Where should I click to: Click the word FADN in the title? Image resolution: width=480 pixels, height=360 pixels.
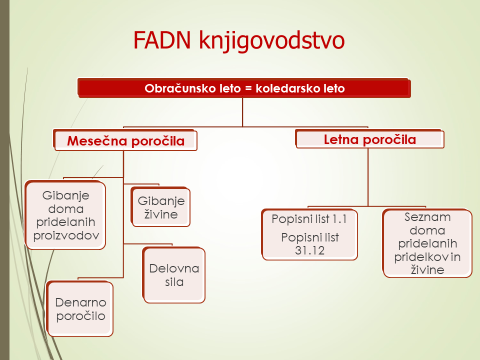(x=162, y=40)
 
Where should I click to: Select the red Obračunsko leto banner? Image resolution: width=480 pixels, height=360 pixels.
(x=244, y=88)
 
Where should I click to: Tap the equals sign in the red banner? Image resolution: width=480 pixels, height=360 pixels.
(x=248, y=89)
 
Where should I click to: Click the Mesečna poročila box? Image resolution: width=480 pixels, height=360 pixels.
(x=125, y=141)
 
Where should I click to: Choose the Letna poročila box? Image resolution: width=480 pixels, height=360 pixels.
(x=370, y=139)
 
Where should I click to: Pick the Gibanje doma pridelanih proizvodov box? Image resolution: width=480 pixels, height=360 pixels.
(x=66, y=215)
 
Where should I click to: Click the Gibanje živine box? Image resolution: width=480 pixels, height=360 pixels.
(x=161, y=207)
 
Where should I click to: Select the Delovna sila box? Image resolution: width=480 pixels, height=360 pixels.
(x=174, y=275)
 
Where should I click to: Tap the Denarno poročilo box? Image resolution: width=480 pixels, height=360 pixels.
(x=80, y=309)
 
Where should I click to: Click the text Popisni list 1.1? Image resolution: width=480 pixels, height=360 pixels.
(x=309, y=219)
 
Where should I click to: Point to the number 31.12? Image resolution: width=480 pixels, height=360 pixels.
(x=310, y=250)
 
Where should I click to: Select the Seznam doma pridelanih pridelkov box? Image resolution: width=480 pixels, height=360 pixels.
(x=428, y=243)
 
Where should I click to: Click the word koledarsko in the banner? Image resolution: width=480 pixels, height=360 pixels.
(x=287, y=88)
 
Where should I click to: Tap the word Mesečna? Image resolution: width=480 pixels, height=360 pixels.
(x=95, y=141)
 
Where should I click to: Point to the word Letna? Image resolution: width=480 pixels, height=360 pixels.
(x=339, y=140)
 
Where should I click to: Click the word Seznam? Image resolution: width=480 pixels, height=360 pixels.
(x=427, y=217)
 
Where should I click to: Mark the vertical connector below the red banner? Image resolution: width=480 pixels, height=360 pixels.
(x=243, y=112)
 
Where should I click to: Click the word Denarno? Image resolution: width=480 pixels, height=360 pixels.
(x=81, y=302)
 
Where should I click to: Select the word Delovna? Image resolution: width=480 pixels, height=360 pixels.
(x=174, y=269)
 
